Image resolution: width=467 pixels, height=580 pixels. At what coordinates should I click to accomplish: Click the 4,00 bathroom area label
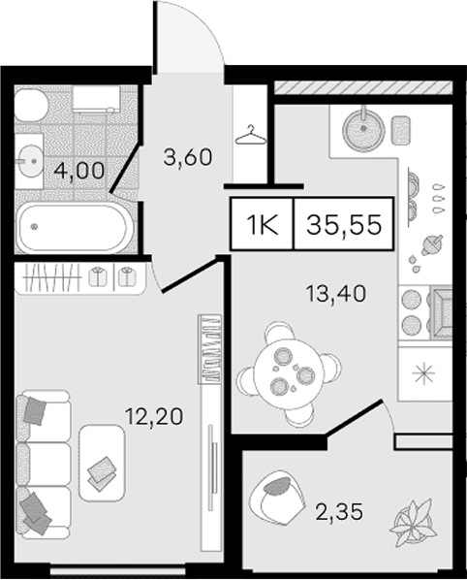78,172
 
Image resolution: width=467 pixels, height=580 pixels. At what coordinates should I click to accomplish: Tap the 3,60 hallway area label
188,157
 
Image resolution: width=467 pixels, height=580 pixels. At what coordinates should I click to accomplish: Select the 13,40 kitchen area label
336,293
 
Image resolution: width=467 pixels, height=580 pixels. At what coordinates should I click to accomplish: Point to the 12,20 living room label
154,416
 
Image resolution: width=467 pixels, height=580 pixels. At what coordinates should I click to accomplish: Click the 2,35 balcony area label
339,512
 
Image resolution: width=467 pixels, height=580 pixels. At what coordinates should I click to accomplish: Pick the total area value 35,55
344,224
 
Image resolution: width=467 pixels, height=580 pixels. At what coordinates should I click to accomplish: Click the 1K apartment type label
263,224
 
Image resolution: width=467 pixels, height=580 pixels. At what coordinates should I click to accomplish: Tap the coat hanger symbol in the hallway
251,135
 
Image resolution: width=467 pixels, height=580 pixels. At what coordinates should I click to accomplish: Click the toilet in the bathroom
30,105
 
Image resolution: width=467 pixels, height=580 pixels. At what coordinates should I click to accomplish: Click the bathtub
74,228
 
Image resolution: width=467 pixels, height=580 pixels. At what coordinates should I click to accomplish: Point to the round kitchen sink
363,128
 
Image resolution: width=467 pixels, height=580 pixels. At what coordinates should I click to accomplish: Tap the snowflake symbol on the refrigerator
424,373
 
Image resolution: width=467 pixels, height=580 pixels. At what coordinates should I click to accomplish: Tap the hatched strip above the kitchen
363,87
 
